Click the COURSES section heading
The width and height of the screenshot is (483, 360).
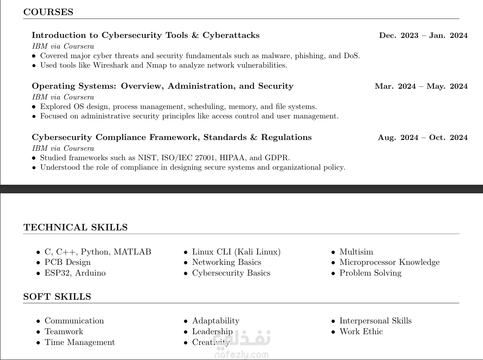(48, 12)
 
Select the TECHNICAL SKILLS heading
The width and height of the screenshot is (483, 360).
(75, 227)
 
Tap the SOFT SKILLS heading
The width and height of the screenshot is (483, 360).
(57, 297)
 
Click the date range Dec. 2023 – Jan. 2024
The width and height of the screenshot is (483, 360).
(423, 35)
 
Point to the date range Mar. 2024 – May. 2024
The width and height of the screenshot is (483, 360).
(421, 86)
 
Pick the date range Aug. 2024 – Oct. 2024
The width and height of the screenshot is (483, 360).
(423, 137)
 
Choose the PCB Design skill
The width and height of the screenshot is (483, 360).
(68, 262)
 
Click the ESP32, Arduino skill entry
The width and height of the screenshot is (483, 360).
(75, 273)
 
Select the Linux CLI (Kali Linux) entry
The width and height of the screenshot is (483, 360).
(236, 252)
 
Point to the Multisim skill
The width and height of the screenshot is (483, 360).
(356, 252)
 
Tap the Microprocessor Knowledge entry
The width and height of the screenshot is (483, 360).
(389, 262)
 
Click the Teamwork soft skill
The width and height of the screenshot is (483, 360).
(64, 332)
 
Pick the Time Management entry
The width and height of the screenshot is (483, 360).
(80, 342)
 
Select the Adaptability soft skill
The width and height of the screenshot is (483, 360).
(215, 321)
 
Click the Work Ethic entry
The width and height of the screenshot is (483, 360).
(361, 332)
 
